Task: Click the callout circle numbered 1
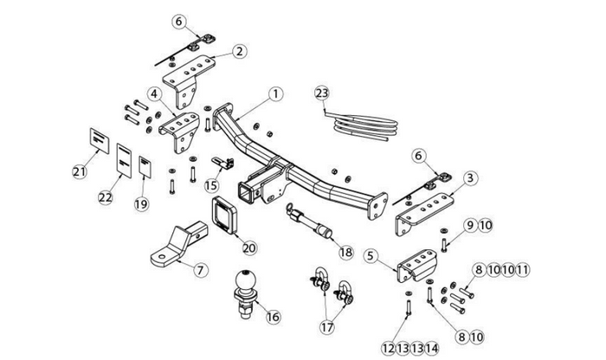click(x=276, y=93)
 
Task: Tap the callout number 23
click(x=322, y=93)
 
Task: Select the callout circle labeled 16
click(x=274, y=317)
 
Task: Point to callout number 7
click(x=199, y=270)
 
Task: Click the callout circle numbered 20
click(x=249, y=247)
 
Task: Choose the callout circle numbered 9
click(x=468, y=225)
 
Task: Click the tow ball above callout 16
click(x=246, y=283)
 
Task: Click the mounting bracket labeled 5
click(x=413, y=269)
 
